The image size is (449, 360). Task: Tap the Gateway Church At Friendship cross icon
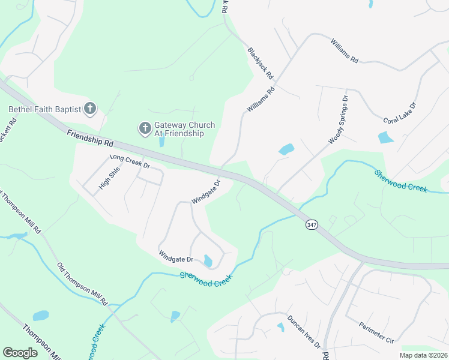pyautogui.click(x=145, y=128)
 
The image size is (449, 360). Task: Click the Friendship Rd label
pyautogui.click(x=90, y=140)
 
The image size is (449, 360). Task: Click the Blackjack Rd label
pyautogui.click(x=261, y=65)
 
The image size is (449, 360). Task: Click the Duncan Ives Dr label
pyautogui.click(x=303, y=332)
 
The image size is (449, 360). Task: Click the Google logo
pyautogui.click(x=20, y=352)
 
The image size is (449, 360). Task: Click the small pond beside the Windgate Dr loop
pyautogui.click(x=208, y=261)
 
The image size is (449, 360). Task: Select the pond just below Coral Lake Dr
pyautogui.click(x=385, y=138)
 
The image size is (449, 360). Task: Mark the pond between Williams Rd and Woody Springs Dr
pyautogui.click(x=286, y=149)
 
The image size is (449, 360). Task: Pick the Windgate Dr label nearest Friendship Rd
pyautogui.click(x=206, y=191)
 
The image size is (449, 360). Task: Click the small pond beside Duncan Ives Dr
pyautogui.click(x=280, y=327)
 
